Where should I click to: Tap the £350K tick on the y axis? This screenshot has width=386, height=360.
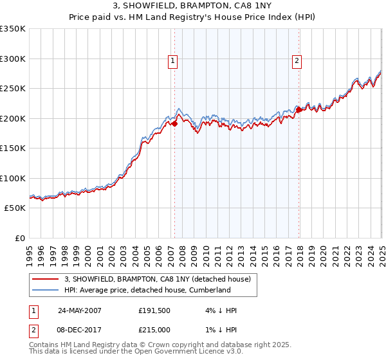click(13, 29)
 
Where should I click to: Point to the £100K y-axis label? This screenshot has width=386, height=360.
click(13, 178)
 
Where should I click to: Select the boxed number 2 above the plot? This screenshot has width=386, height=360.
click(297, 61)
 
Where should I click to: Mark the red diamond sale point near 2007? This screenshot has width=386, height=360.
click(174, 124)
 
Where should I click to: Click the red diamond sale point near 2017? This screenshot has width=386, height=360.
click(299, 110)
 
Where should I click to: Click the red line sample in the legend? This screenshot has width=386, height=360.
click(46, 279)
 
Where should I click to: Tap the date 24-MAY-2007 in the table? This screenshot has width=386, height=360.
click(80, 310)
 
